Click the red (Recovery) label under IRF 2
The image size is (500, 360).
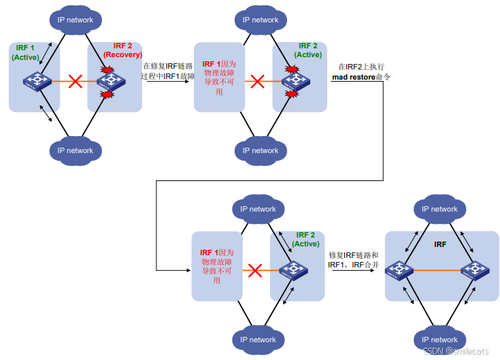tap(122, 54)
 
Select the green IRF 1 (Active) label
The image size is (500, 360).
tap(26, 53)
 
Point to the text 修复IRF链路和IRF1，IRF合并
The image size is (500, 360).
tap(353, 259)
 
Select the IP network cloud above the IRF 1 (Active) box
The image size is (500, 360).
tap(75, 20)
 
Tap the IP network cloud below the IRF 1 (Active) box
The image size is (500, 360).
tap(75, 150)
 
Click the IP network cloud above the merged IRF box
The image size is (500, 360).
tap(439, 209)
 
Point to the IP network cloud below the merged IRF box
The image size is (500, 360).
tap(439, 340)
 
